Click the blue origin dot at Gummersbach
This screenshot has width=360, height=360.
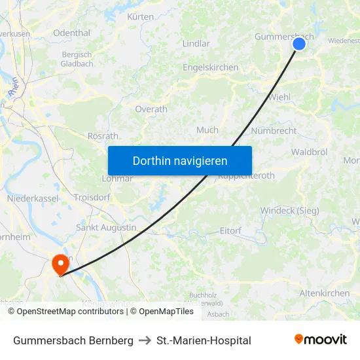click(299, 44)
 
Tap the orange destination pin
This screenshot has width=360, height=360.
click(60, 264)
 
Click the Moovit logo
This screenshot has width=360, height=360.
click(321, 340)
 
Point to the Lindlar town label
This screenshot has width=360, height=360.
click(196, 44)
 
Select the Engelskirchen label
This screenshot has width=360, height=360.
click(210, 67)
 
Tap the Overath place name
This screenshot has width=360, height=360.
click(151, 109)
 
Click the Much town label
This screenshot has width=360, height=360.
click(207, 130)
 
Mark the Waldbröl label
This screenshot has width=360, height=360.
click(310, 152)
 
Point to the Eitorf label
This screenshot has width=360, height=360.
click(230, 230)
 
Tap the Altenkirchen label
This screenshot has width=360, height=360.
click(324, 293)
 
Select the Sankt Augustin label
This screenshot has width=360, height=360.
click(106, 228)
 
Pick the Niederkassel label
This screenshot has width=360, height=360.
click(33, 198)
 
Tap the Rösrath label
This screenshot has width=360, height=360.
click(103, 136)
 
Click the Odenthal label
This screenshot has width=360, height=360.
click(71, 33)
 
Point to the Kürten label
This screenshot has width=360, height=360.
click(141, 16)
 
